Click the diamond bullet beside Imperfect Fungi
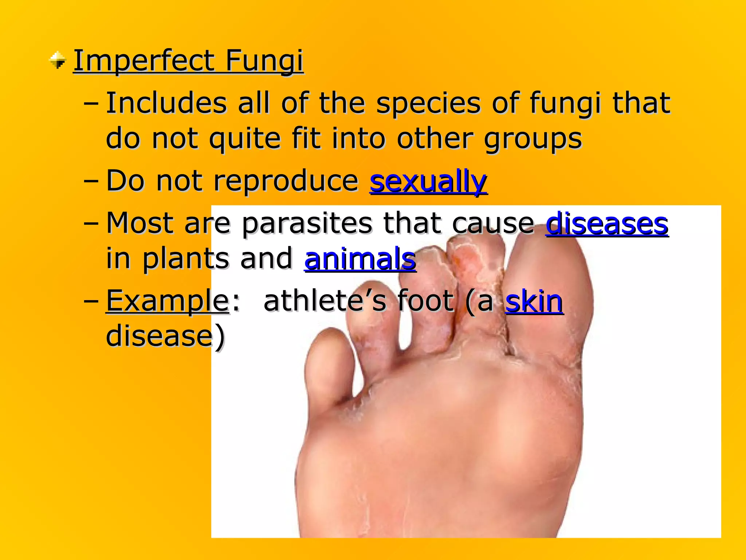click(x=58, y=61)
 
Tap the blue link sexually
click(x=428, y=181)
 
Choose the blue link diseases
click(x=607, y=223)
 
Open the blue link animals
click(x=360, y=258)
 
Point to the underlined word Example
click(x=167, y=301)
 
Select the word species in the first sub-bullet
click(x=428, y=104)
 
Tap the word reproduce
click(x=286, y=181)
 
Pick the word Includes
click(x=166, y=104)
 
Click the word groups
click(x=533, y=139)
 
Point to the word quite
click(x=245, y=139)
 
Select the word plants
click(x=185, y=258)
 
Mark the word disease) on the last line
click(x=165, y=336)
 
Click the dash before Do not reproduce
click(x=91, y=181)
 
